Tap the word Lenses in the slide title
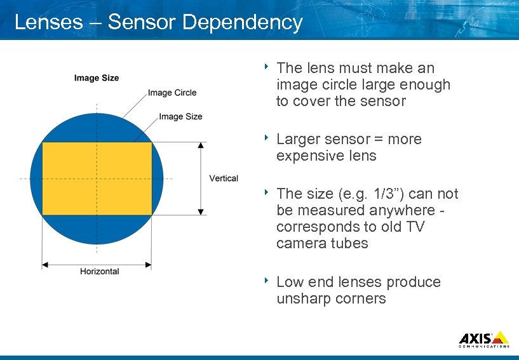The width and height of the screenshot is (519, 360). [x=48, y=22]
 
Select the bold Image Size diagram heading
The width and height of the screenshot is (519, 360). [x=97, y=78]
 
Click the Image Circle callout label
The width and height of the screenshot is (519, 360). [x=172, y=93]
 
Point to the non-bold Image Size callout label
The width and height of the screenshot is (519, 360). [x=180, y=116]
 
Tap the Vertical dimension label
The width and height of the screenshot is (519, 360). [x=224, y=178]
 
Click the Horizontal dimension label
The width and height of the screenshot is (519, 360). [x=99, y=271]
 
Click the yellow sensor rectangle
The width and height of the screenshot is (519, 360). [x=97, y=178]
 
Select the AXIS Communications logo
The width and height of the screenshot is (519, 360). [x=483, y=339]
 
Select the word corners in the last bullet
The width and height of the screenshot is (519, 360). [x=363, y=299]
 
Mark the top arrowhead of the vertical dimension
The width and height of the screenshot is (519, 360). [x=201, y=145]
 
